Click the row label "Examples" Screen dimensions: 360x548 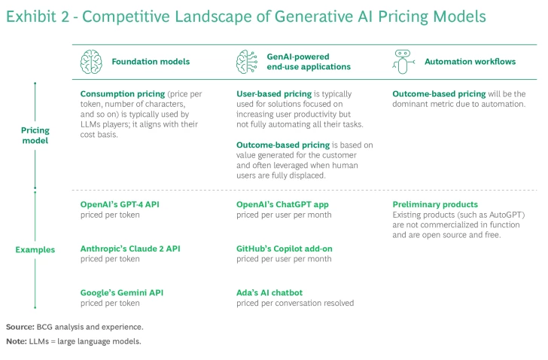coord(35,249)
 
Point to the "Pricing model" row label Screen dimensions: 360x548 coord(35,135)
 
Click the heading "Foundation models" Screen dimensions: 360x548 coord(151,62)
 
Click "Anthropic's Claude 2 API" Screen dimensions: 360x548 coord(130,248)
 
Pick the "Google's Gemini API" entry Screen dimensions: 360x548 coord(122,292)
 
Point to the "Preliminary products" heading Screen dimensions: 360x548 coord(435,204)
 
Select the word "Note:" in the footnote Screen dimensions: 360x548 coord(17,341)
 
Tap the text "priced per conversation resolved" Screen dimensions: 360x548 coord(295,303)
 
